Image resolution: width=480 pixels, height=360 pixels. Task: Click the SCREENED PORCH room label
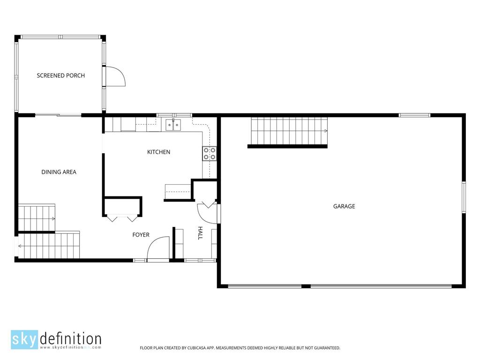(x=60, y=75)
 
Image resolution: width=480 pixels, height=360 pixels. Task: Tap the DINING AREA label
(x=59, y=172)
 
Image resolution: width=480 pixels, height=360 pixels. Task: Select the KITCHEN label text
(x=158, y=152)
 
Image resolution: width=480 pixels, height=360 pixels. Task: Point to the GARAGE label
(x=344, y=206)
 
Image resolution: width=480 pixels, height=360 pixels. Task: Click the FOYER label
(x=141, y=235)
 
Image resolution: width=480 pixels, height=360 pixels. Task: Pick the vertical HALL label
(x=200, y=233)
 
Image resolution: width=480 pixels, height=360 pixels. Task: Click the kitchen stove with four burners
(x=210, y=154)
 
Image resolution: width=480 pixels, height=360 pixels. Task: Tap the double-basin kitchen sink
(x=173, y=125)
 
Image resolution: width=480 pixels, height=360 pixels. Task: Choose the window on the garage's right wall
(x=464, y=197)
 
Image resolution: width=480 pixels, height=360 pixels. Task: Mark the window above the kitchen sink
(x=174, y=115)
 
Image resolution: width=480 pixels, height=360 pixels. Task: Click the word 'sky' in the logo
(x=24, y=339)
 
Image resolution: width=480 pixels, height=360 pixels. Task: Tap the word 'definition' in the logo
(x=71, y=339)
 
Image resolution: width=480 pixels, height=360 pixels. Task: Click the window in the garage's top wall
(x=415, y=115)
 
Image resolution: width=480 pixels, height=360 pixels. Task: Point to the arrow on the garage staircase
(x=326, y=131)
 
